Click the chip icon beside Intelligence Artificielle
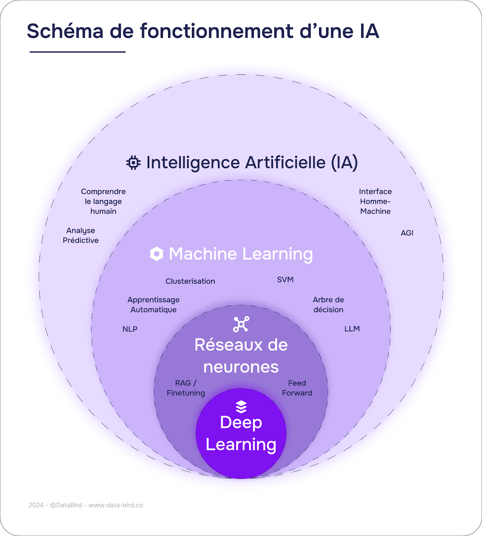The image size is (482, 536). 133,163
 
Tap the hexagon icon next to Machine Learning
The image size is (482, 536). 156,254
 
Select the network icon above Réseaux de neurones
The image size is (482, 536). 241,324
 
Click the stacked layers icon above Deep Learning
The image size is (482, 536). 241,407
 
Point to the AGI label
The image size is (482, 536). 407,233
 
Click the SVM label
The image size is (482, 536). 285,280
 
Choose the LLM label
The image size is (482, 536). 352,329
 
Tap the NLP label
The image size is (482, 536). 130,329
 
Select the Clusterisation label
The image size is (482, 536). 190,281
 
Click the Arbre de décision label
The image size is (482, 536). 328,305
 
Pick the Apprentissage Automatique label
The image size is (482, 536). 154,305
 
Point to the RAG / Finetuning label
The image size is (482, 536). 186,388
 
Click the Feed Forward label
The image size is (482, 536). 297,388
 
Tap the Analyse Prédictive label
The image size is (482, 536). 81,236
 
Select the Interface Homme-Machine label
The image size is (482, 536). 375,201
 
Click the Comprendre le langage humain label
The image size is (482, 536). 103,201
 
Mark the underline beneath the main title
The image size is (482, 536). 77,52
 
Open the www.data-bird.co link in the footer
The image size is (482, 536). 116,505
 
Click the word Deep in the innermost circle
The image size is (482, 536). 241,422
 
